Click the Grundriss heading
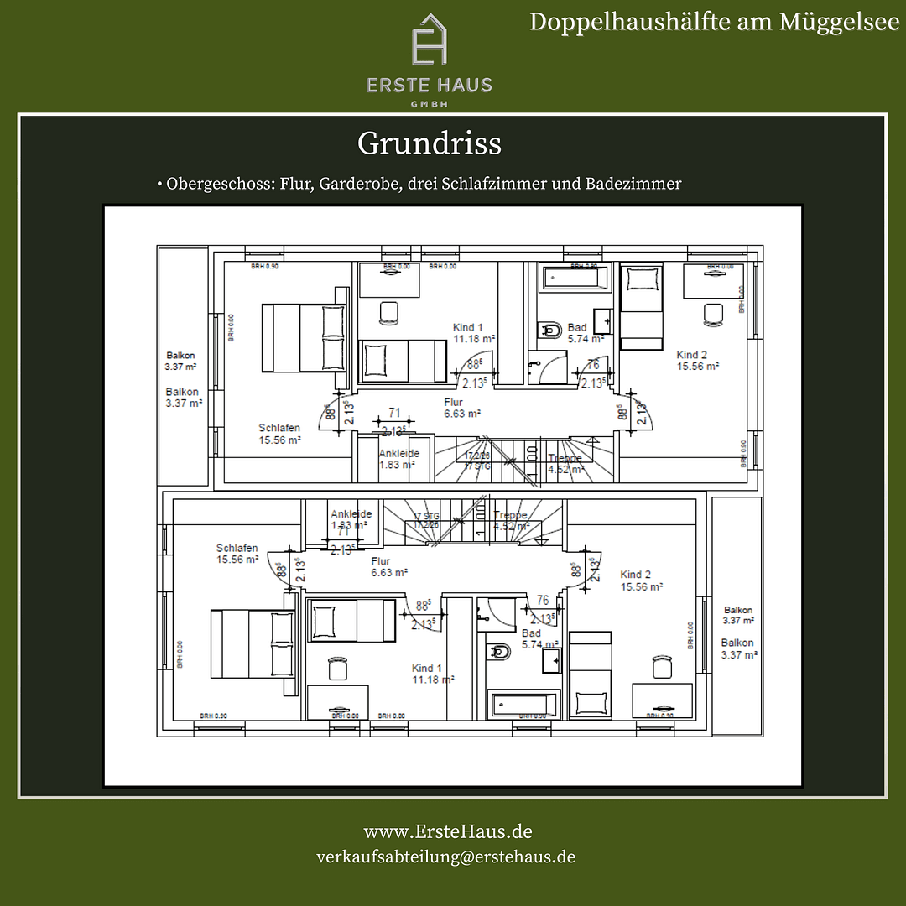coord(430,143)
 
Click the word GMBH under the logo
coord(429,103)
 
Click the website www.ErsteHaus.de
coord(448,831)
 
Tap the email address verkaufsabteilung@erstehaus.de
coord(445,857)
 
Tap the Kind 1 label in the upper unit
coord(468,328)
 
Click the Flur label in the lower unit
coord(381,561)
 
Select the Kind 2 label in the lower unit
coord(636,575)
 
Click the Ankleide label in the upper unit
coord(399,454)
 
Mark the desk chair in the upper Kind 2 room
coord(713,313)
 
